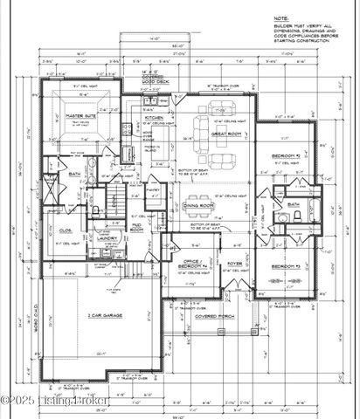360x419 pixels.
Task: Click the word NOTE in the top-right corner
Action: tap(280, 17)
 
